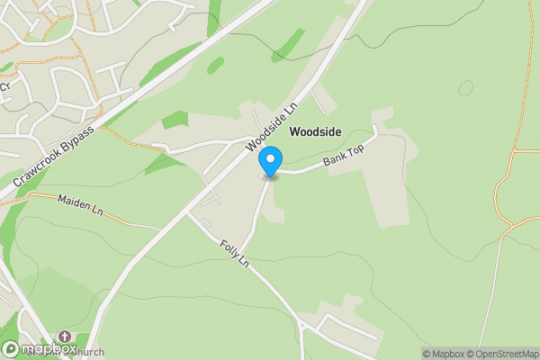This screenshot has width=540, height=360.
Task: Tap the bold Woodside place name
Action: tap(315, 131)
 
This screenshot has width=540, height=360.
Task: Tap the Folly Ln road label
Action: tap(233, 254)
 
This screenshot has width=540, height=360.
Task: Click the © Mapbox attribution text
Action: tap(441, 354)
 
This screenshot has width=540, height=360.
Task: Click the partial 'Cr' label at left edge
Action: tap(4, 86)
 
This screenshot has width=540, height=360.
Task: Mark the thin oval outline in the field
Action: tap(465, 88)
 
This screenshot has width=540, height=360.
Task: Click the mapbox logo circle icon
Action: tap(10, 349)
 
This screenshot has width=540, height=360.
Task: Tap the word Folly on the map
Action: tap(227, 247)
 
